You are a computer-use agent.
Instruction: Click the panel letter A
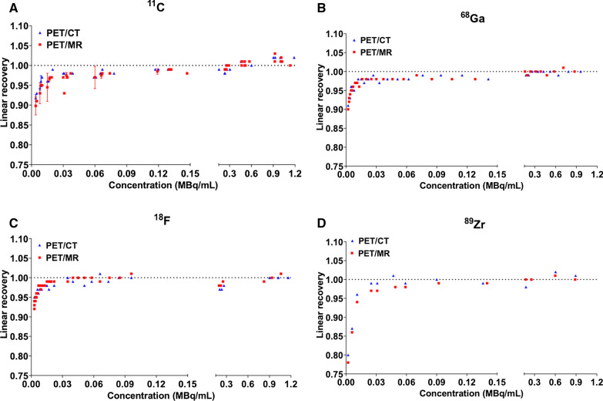tap(6, 6)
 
